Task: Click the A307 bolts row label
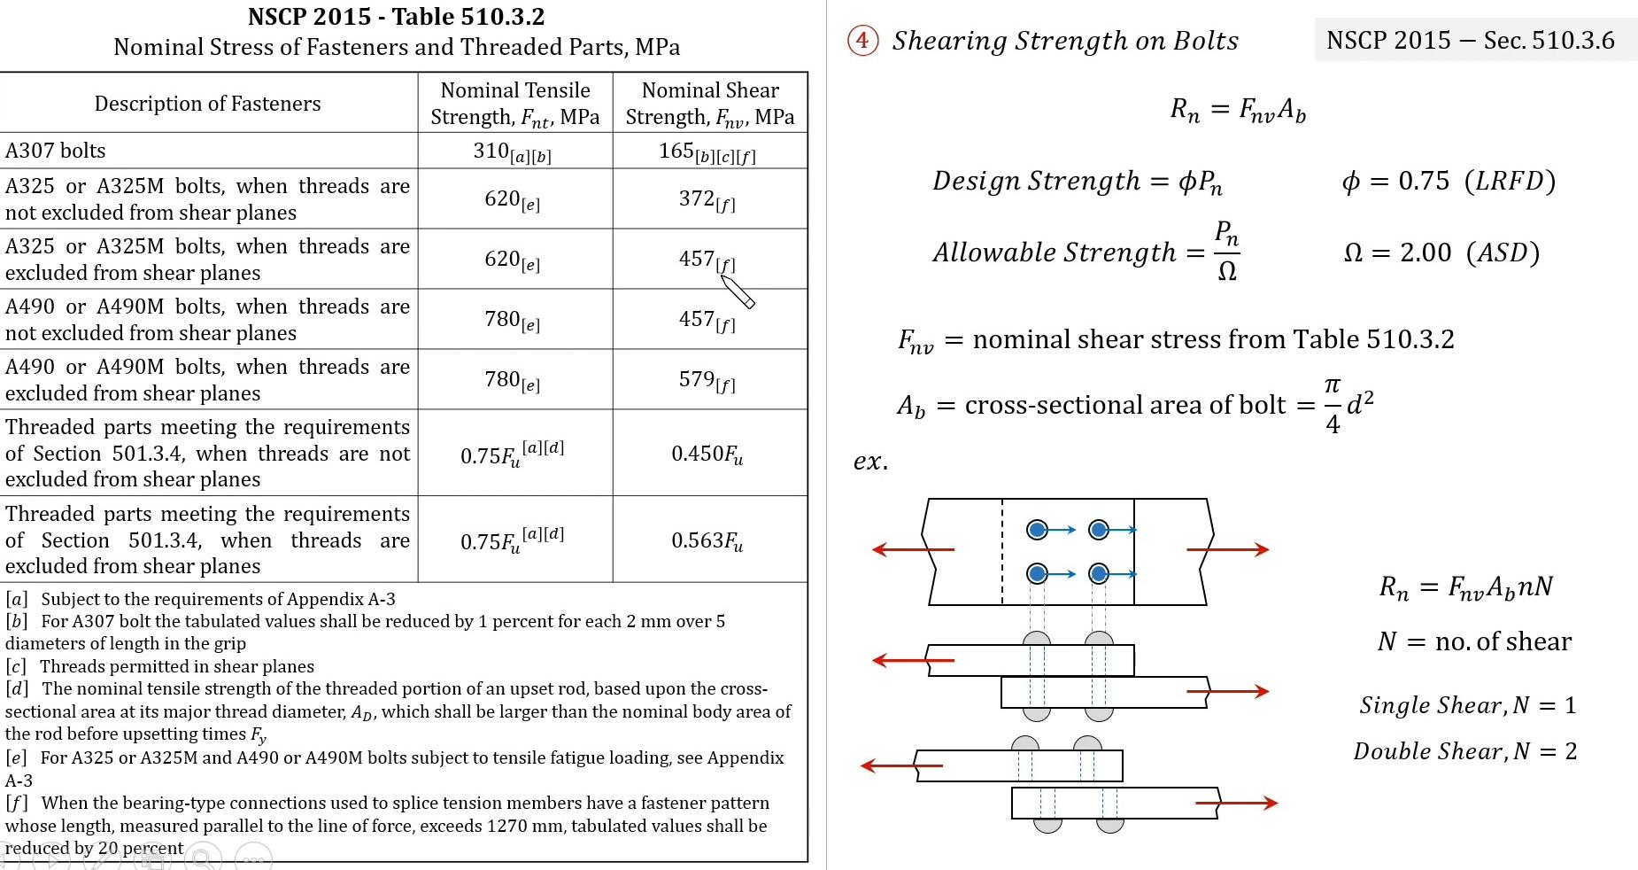56,151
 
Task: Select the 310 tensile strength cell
512,152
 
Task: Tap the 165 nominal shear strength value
707,152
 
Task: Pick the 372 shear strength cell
707,199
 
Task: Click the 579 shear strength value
707,380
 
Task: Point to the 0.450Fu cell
707,454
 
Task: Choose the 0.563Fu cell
707,540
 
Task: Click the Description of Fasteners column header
207,104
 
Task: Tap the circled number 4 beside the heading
862,40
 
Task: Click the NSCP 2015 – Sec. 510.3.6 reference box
1470,40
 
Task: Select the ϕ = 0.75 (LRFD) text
1449,181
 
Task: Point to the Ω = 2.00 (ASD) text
1441,253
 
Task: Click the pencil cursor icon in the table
738,291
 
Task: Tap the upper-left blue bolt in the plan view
1037,530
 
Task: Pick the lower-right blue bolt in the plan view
1099,574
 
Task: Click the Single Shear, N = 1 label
1467,705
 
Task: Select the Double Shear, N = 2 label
1464,751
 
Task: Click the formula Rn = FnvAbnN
1465,587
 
